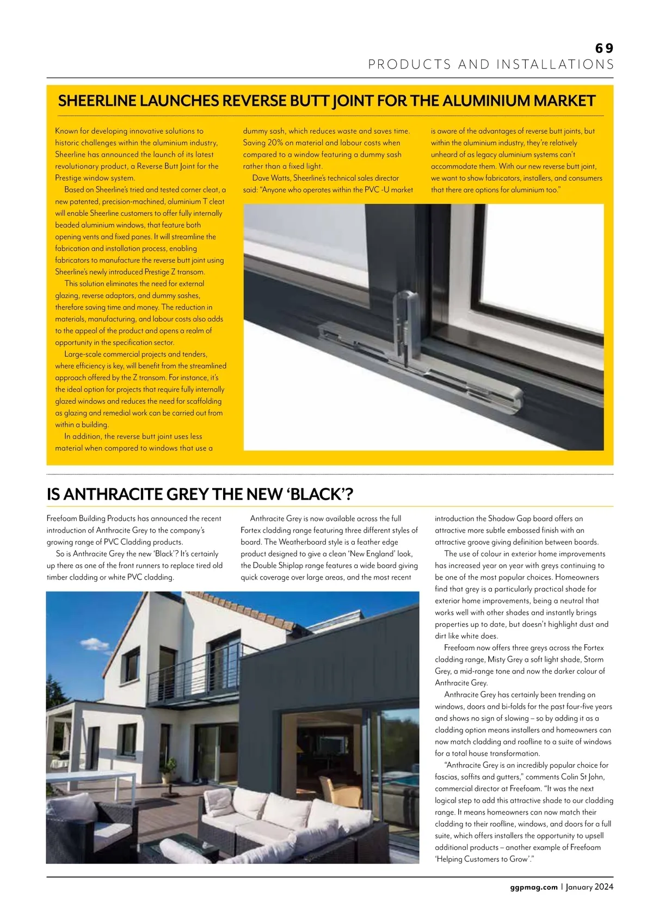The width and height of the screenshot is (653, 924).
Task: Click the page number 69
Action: click(604, 48)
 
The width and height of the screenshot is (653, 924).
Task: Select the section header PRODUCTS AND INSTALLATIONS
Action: click(491, 65)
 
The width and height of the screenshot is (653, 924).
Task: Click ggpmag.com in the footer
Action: click(534, 887)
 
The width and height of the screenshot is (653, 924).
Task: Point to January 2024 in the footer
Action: click(589, 887)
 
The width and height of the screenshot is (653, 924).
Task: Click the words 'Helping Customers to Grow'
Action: click(483, 859)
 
